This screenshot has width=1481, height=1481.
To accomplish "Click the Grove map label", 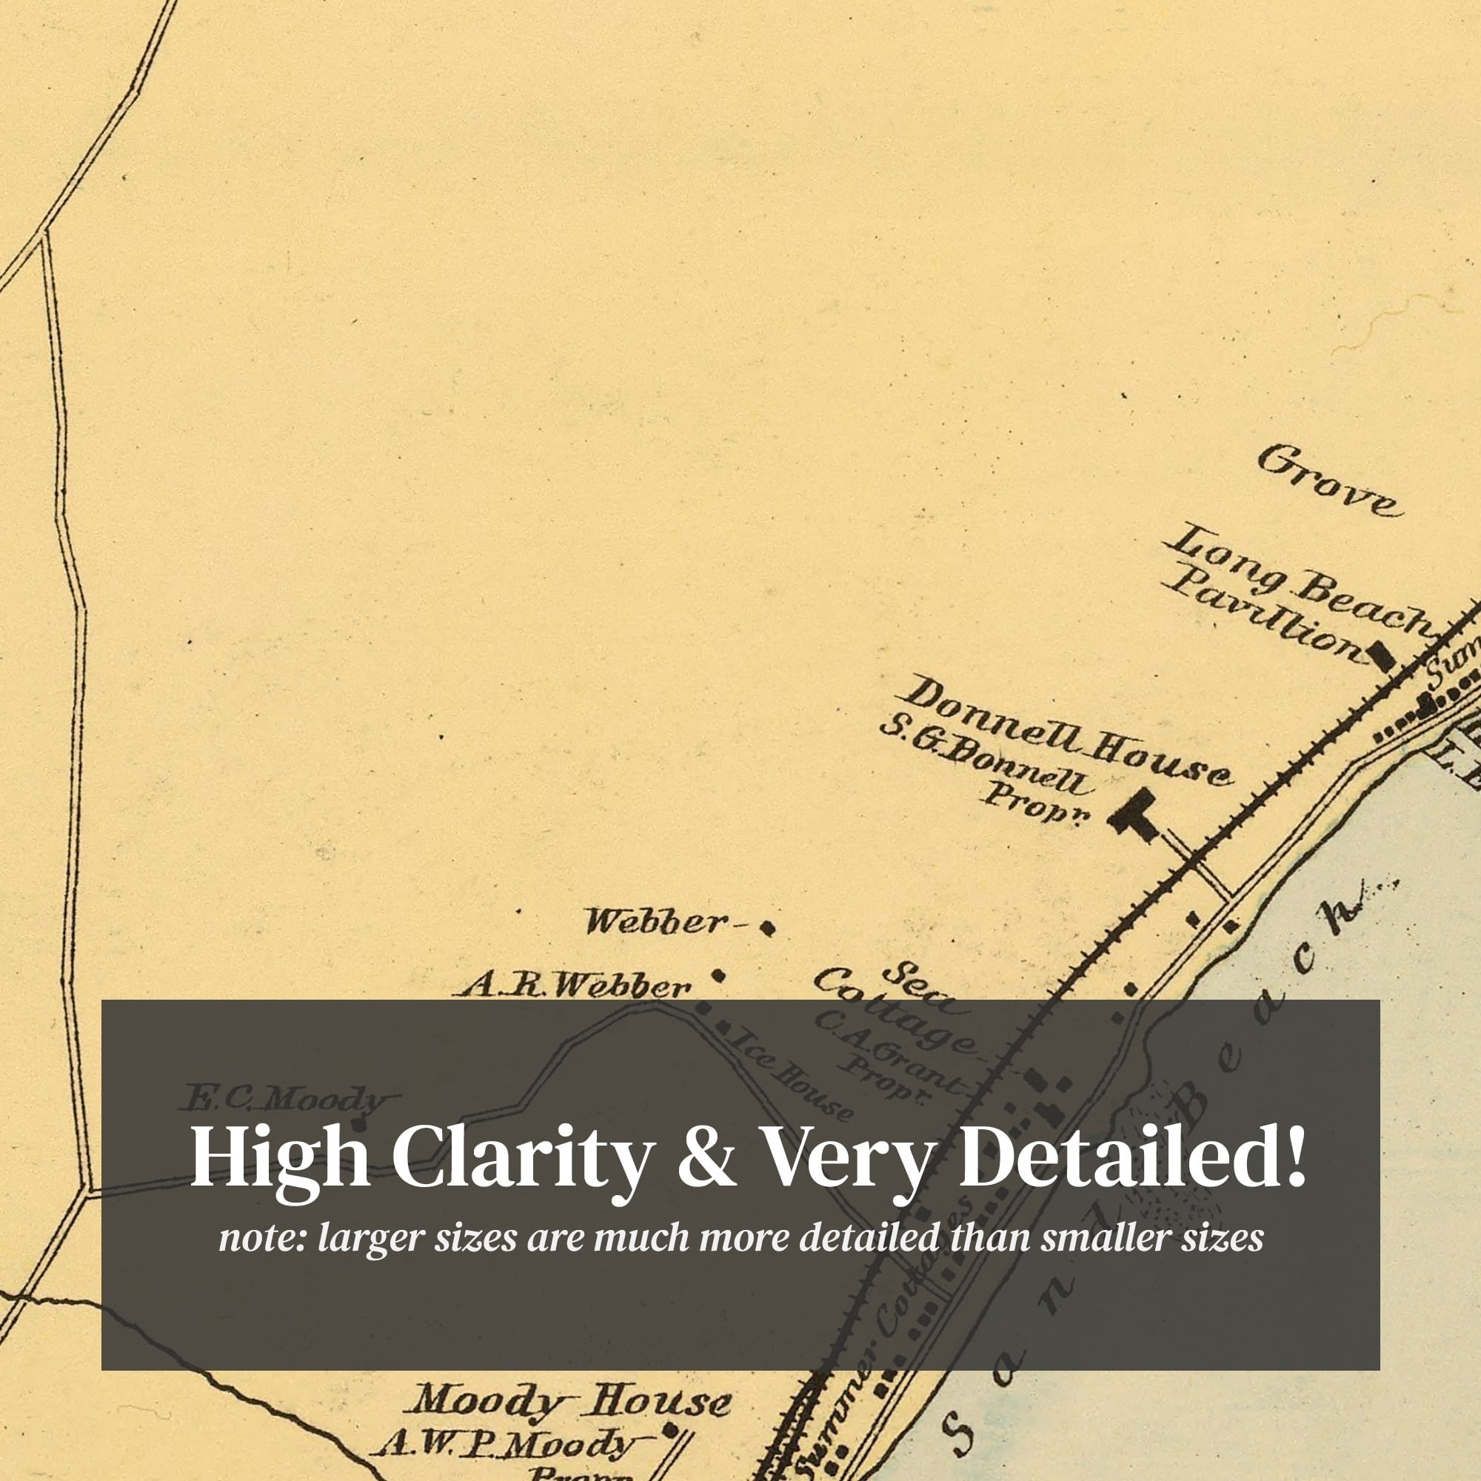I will pyautogui.click(x=1329, y=481).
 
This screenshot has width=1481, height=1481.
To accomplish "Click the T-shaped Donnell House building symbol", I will pyautogui.click(x=1134, y=815).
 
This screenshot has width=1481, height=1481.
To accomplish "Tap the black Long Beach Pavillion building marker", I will pyautogui.click(x=1381, y=657).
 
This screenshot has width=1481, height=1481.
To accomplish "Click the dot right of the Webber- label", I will pyautogui.click(x=766, y=929).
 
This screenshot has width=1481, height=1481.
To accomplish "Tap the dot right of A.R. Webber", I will pyautogui.click(x=718, y=976).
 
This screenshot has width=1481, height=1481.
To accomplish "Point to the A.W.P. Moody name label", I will pyautogui.click(x=506, y=1444).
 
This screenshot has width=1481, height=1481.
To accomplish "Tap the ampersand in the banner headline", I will pyautogui.click(x=706, y=1157).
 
